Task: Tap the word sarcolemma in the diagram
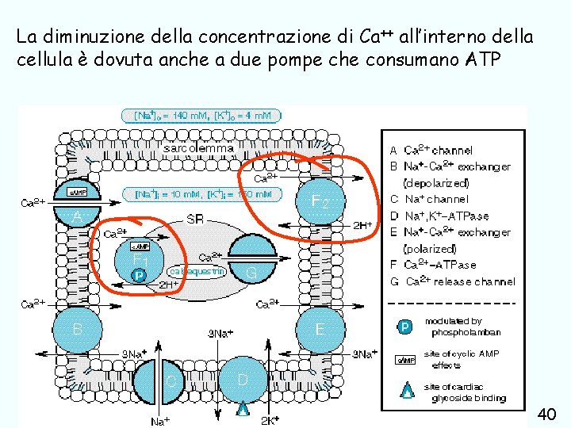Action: pyautogui.click(x=198, y=147)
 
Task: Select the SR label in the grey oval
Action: pyautogui.click(x=195, y=218)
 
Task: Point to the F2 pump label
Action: pyautogui.click(x=320, y=202)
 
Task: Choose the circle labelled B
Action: pyautogui.click(x=77, y=328)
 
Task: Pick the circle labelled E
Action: pyautogui.click(x=320, y=328)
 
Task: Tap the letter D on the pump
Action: pyautogui.click(x=243, y=380)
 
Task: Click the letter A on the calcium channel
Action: pyautogui.click(x=76, y=216)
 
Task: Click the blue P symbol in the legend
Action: pyautogui.click(x=404, y=327)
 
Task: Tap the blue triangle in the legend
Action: pyautogui.click(x=406, y=390)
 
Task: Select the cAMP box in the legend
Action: pyautogui.click(x=404, y=359)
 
